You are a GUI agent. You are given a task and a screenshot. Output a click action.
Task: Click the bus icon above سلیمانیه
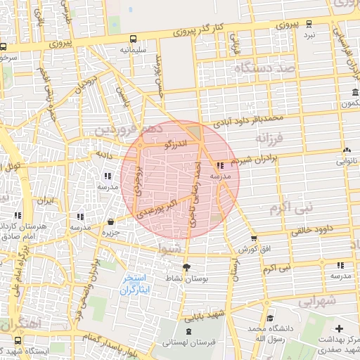[x=134, y=39]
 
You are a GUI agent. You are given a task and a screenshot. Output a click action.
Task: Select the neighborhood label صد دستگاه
[x=264, y=69]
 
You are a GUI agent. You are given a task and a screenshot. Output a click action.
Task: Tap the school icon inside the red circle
[x=221, y=165]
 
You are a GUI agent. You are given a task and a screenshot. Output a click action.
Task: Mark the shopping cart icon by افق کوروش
[x=254, y=238]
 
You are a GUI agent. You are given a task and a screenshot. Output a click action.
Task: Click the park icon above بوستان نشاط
[x=186, y=267]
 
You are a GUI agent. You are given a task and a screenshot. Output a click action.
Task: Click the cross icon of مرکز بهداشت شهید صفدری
[x=340, y=328]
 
